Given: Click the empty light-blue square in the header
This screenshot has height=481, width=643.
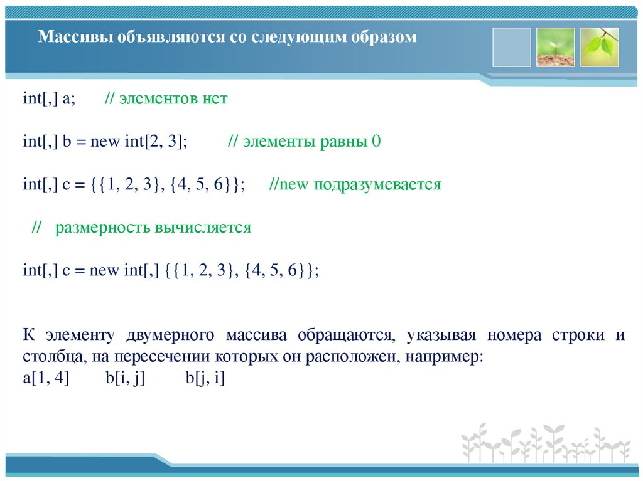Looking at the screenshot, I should click(512, 47).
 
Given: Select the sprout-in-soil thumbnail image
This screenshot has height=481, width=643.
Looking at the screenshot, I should click(555, 47).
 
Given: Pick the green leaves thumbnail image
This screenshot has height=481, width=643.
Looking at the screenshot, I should click(599, 47).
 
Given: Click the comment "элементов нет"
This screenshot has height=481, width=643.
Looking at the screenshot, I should click(173, 99).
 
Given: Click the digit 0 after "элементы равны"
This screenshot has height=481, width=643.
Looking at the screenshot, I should click(377, 142).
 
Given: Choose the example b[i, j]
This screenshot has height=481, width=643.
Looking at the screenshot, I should click(126, 379).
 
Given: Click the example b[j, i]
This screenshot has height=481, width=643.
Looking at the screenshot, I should click(205, 379).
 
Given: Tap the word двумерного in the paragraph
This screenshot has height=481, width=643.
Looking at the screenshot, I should click(168, 335).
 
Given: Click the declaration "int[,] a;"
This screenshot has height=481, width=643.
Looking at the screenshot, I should click(49, 99).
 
